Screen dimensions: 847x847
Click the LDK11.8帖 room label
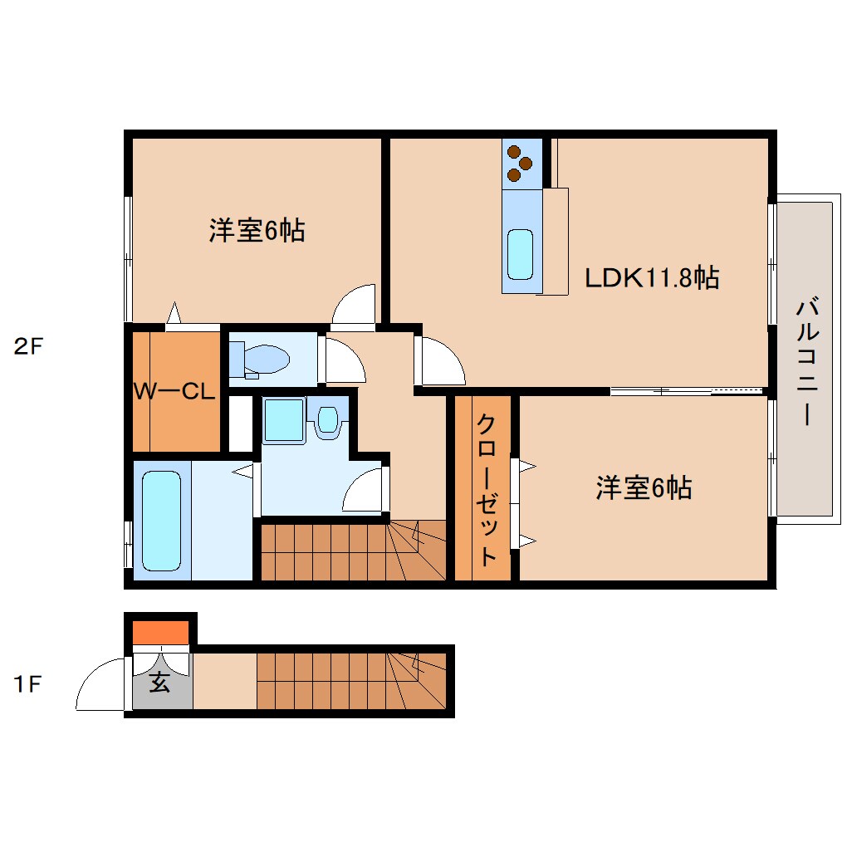[x=652, y=277]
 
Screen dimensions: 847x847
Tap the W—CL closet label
[x=174, y=390]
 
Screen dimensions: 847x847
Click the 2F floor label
[x=28, y=346]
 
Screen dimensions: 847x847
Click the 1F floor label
[x=27, y=684]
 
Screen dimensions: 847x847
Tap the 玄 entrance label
[x=159, y=683]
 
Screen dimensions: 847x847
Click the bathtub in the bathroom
[x=162, y=521]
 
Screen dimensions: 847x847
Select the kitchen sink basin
[x=520, y=254]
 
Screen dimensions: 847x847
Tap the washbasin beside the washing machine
[x=327, y=419]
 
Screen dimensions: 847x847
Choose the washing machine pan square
[x=284, y=420]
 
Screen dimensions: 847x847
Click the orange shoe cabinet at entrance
[x=160, y=633]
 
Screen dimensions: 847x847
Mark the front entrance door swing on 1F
[x=101, y=684]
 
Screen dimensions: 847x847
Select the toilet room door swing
[x=345, y=360]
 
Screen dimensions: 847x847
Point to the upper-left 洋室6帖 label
[x=257, y=231]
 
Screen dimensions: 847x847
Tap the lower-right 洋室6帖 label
[x=644, y=487]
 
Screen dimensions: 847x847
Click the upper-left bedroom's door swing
[x=353, y=306]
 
